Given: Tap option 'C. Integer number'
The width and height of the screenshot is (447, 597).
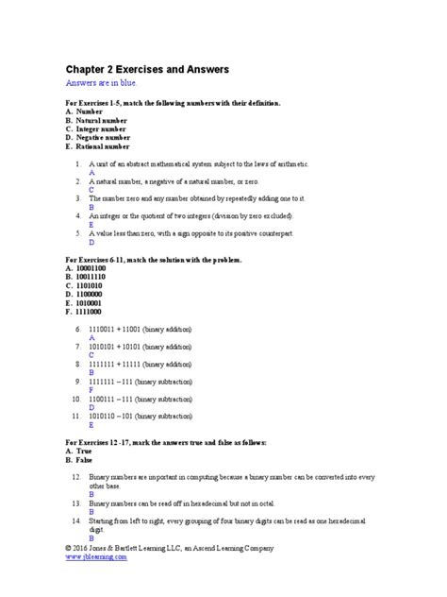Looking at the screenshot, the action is (x=96, y=130).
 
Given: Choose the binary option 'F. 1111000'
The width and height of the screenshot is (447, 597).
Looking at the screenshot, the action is (x=85, y=310).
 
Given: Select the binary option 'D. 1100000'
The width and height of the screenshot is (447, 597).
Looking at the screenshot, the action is (x=86, y=293).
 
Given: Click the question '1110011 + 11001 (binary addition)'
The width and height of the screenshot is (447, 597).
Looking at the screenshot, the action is (x=139, y=329).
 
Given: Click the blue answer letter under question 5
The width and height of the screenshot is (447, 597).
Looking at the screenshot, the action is (x=91, y=241).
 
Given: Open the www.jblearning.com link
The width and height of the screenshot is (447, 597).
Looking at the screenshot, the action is (x=95, y=557).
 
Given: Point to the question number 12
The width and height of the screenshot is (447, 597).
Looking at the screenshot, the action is (x=75, y=477).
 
